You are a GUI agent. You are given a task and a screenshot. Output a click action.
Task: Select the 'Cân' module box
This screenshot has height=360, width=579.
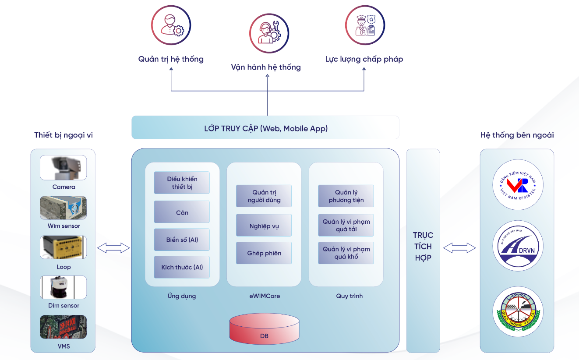(x=182, y=212)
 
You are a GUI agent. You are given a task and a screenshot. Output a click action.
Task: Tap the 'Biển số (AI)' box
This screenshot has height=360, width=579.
(x=182, y=240)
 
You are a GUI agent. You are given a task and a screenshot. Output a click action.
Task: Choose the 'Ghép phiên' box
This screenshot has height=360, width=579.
(x=264, y=253)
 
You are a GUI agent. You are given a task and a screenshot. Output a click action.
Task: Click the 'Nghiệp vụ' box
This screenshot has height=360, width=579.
(x=264, y=226)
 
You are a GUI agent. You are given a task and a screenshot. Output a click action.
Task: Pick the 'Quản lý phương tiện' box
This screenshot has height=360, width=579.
(x=346, y=196)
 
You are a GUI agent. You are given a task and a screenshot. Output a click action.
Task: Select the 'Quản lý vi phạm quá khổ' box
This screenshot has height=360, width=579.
(x=346, y=253)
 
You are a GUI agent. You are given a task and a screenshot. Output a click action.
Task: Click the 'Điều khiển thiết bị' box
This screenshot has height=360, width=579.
(x=182, y=183)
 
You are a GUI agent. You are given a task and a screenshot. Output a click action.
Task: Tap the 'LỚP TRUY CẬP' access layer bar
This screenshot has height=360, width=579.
(x=265, y=128)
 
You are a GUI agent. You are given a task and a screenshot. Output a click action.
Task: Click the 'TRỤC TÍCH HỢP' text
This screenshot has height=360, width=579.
(x=423, y=247)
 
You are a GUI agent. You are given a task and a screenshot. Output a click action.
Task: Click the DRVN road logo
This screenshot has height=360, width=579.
(x=518, y=246)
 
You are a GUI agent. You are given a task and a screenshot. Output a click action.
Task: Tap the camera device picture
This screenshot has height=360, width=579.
(x=64, y=168)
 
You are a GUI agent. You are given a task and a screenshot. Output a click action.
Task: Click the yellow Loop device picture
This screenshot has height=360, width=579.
(x=64, y=247)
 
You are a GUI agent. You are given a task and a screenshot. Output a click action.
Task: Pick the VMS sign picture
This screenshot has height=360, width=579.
(x=64, y=327)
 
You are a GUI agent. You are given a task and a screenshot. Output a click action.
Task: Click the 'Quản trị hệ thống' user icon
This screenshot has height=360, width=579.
(x=171, y=25)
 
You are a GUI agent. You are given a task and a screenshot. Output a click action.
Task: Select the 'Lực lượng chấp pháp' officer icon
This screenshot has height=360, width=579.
(x=365, y=25)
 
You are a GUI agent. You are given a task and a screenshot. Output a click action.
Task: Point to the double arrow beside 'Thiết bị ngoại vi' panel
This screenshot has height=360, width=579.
(x=113, y=248)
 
